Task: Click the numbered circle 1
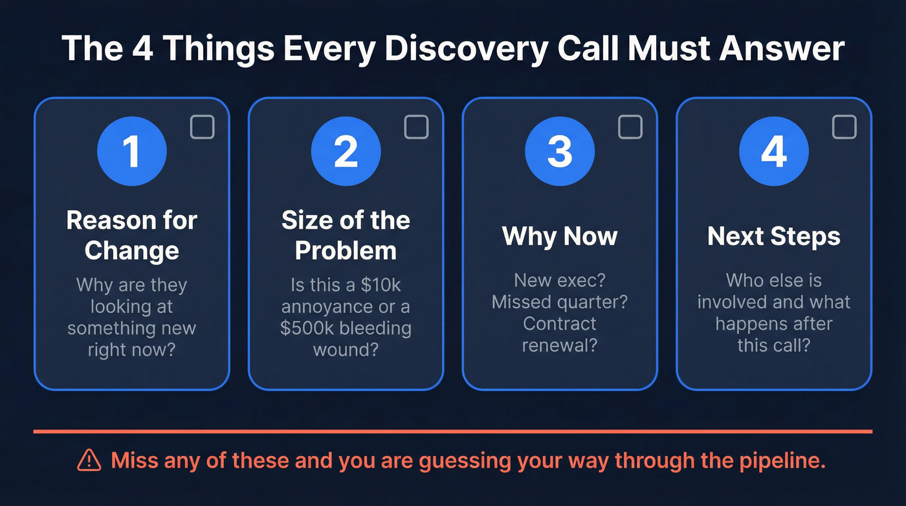pos(131,151)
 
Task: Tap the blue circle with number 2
pos(346,151)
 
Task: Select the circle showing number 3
pos(559,151)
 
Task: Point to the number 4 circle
pos(773,151)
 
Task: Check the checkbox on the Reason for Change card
pos(202,127)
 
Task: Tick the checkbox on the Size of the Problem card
pos(416,127)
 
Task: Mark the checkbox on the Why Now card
pos(630,127)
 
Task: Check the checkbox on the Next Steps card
pos(844,127)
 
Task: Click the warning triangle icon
pos(89,460)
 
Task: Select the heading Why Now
pos(559,236)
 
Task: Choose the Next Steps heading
pos(773,236)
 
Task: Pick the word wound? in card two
pos(346,350)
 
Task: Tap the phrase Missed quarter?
pos(559,302)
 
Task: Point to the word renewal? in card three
pos(559,345)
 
